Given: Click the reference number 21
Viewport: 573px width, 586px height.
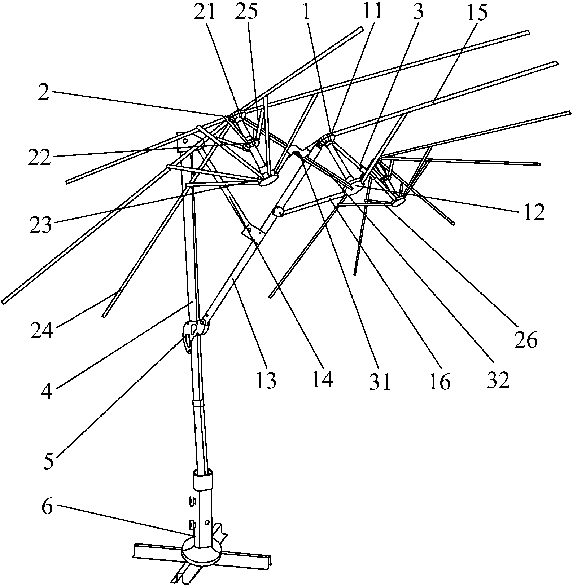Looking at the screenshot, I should (204, 13).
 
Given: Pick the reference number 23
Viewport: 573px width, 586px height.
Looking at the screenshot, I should (41, 226).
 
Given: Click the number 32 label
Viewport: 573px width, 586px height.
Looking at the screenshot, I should (498, 379).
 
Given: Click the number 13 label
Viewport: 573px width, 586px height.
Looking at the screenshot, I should (266, 380).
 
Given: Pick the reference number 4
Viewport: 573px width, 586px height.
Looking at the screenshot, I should (47, 391).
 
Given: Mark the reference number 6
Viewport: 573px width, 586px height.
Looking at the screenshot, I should (47, 507).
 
